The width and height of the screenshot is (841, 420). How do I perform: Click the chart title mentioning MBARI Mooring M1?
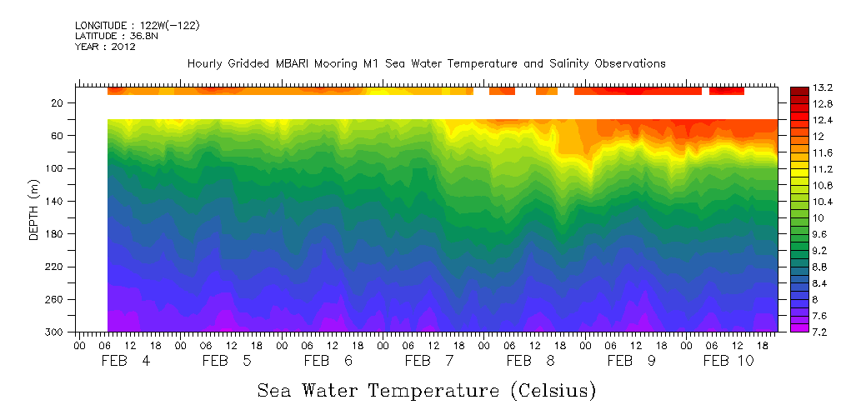(x=426, y=63)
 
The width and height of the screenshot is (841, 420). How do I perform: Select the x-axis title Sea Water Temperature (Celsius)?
(x=426, y=390)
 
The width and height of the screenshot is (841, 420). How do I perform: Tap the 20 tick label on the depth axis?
(x=58, y=103)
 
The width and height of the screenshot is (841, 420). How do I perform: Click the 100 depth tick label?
(x=56, y=168)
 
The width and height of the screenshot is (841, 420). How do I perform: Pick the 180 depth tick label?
(x=56, y=234)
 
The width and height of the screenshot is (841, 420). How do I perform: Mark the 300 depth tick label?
(x=56, y=332)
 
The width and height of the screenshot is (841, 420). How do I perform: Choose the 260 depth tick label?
(x=56, y=299)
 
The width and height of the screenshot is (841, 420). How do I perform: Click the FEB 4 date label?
(x=126, y=361)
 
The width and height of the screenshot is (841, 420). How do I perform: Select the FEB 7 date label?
(x=429, y=361)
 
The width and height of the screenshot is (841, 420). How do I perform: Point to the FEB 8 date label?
(x=530, y=361)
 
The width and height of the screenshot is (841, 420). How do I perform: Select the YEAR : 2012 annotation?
(x=105, y=47)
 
